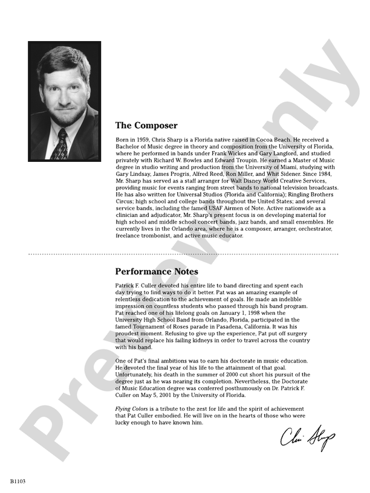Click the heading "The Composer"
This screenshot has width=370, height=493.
[146, 126]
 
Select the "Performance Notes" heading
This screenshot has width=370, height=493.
[157, 271]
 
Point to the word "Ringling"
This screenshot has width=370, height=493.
[295, 196]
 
